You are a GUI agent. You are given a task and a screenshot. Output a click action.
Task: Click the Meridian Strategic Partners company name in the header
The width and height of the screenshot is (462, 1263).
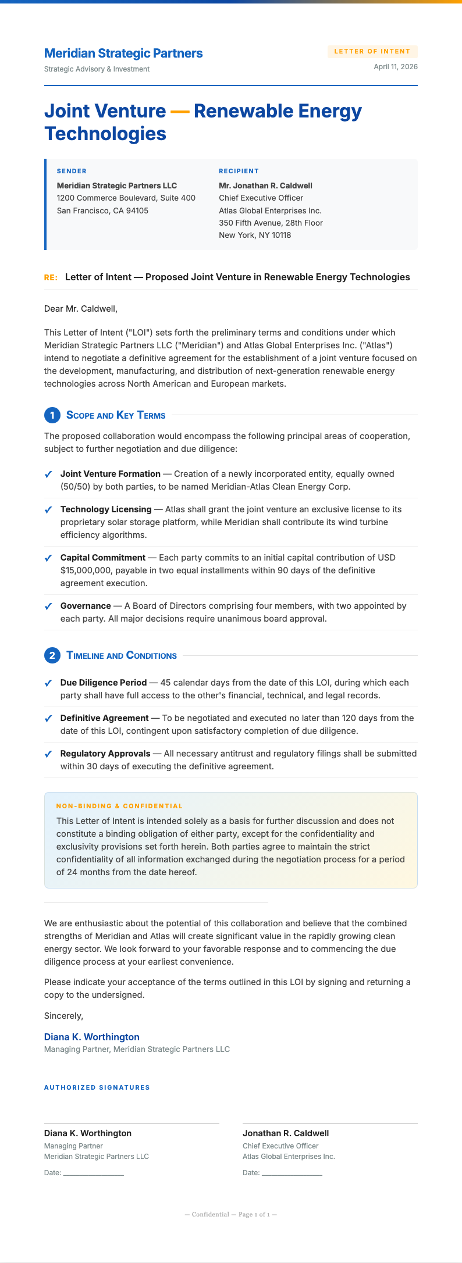pos(123,53)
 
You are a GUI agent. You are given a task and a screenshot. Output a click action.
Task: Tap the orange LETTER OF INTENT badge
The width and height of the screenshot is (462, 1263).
pos(372,51)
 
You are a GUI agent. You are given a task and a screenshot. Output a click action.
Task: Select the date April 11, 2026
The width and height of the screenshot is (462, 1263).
pos(396,67)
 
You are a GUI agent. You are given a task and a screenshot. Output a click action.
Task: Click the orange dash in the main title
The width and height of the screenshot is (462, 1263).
pos(180,110)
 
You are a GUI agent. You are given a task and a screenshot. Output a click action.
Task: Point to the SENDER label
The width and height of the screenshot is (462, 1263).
pos(72,171)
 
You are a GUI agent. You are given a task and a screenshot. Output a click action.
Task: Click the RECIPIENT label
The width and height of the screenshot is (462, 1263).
pos(239,171)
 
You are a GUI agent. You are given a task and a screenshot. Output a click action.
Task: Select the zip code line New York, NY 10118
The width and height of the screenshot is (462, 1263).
pos(255,235)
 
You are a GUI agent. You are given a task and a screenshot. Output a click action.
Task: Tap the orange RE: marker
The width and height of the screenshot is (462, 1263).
pos(51,277)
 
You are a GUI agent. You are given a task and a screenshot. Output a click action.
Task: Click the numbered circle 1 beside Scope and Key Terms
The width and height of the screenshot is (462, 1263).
pos(52,415)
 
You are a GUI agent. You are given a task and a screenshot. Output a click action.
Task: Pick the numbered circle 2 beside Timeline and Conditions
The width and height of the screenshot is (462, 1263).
pos(52,656)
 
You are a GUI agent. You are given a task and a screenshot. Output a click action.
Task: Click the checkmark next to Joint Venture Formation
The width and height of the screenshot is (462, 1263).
pos(48,474)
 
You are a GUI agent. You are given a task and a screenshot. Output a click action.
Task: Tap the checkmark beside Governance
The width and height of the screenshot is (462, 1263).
pos(48,606)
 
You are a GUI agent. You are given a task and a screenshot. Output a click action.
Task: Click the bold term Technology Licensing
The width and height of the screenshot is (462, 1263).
pos(106,509)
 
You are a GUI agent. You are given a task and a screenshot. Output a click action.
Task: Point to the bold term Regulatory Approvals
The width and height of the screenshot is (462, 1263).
pos(105,754)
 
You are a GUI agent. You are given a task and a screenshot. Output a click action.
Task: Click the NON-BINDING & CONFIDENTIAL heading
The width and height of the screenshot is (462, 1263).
pos(119,806)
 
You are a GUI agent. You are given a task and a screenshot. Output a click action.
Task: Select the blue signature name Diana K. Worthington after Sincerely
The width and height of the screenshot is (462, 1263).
pos(92,1037)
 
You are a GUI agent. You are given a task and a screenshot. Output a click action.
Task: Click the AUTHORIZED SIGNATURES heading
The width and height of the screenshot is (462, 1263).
pos(97,1087)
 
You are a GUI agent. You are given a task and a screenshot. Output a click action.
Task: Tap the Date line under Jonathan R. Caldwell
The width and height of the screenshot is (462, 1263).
pos(292,1173)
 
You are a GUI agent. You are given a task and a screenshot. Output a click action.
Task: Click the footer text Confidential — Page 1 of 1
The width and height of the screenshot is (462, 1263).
pos(230,1214)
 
